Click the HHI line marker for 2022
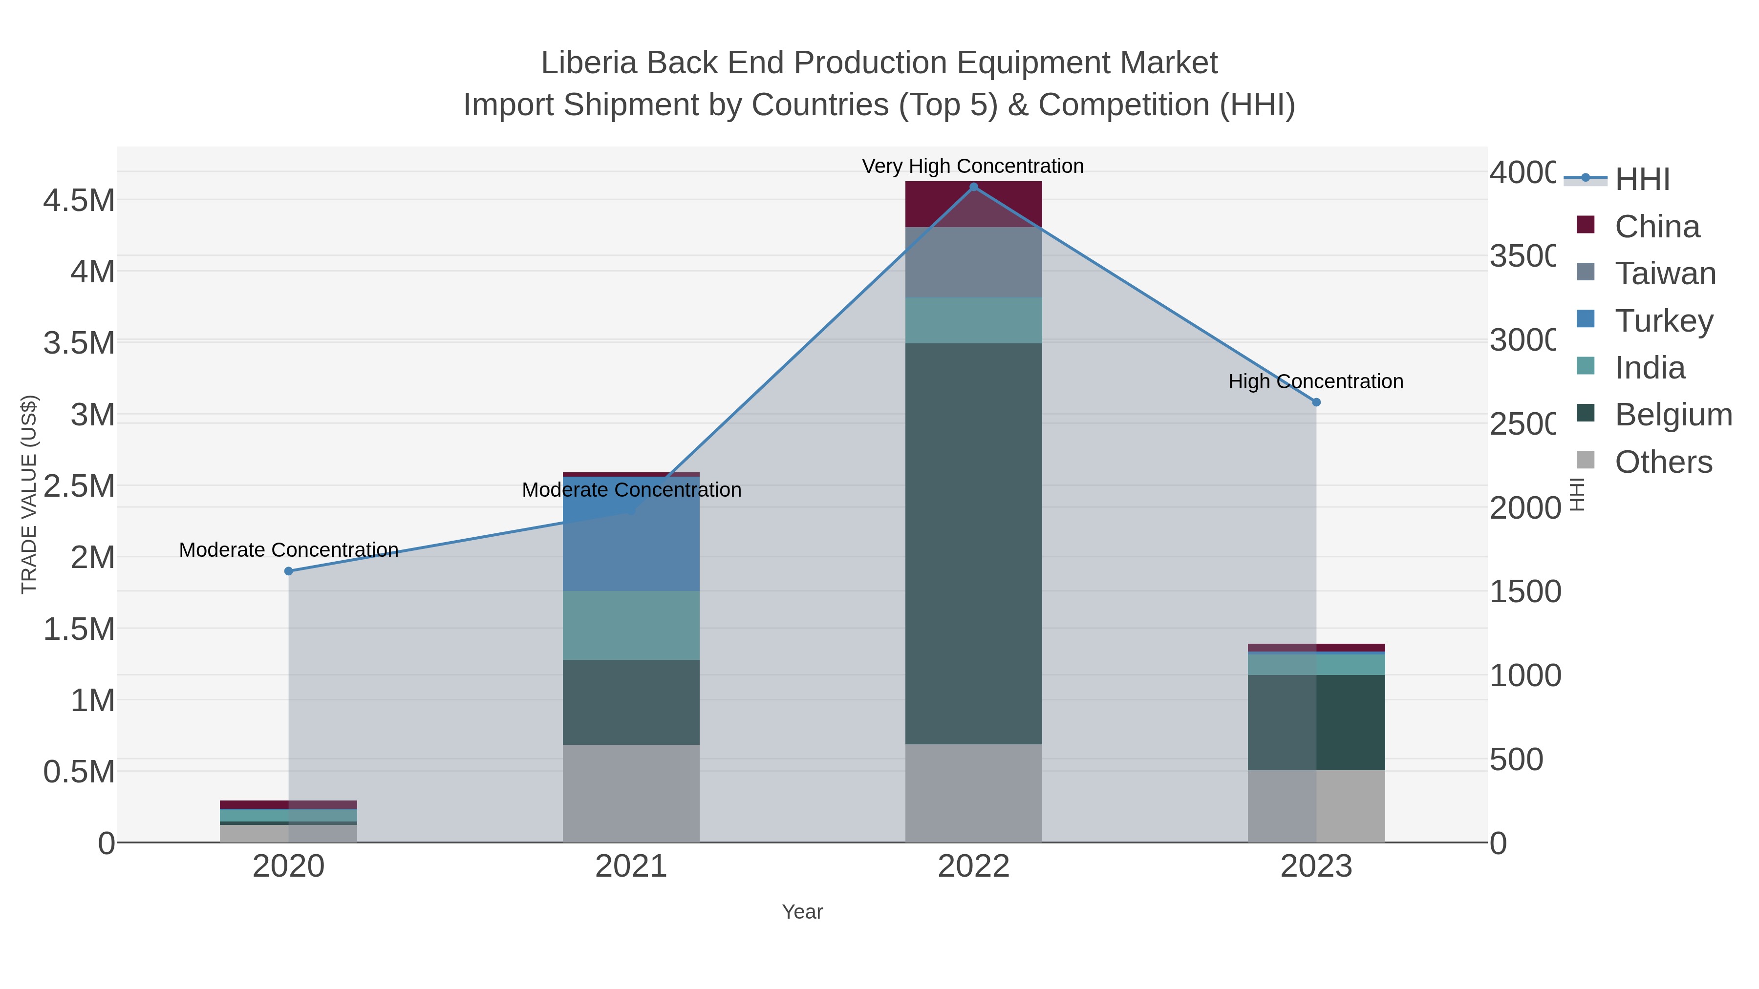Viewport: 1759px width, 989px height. pyautogui.click(x=974, y=187)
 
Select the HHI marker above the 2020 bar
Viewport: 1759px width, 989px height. pyautogui.click(x=288, y=571)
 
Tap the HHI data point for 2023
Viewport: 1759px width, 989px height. pyautogui.click(x=1316, y=402)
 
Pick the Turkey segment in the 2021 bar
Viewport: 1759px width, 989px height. pyautogui.click(x=631, y=539)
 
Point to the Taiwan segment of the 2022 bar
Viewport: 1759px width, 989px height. pyautogui.click(x=974, y=262)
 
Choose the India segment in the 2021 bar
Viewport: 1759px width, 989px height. pyautogui.click(x=631, y=625)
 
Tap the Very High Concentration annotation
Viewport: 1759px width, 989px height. pyautogui.click(x=972, y=166)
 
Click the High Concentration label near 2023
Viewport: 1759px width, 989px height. pyautogui.click(x=1315, y=381)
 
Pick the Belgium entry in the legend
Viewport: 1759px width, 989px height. pyautogui.click(x=1673, y=414)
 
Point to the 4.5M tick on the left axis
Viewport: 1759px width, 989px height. pyautogui.click(x=79, y=201)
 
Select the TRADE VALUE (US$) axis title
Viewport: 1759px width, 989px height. pyautogui.click(x=29, y=494)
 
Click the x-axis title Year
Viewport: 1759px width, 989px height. pyautogui.click(x=802, y=912)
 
